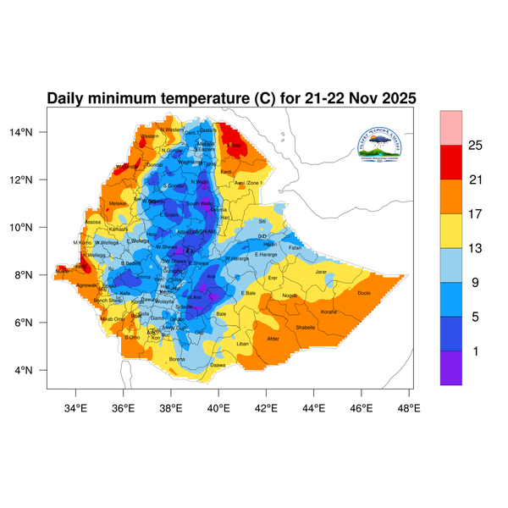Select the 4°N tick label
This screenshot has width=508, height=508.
tap(35, 370)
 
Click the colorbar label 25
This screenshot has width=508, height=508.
tap(475, 146)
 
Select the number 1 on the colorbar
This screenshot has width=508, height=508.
tap(475, 351)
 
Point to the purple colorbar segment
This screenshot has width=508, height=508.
tap(450, 368)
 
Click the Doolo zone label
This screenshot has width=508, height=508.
tap(365, 294)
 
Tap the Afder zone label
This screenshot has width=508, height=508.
tap(273, 339)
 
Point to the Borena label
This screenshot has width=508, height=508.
tap(177, 359)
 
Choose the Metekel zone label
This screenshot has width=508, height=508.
tap(118, 203)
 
